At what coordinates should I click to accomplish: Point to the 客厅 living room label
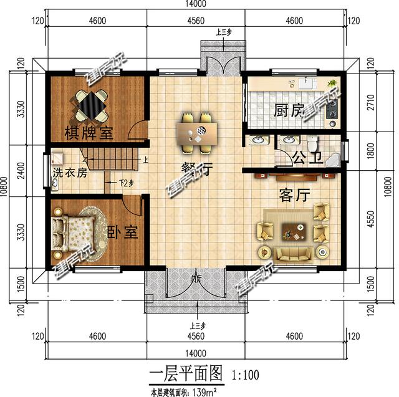pyautogui.click(x=294, y=195)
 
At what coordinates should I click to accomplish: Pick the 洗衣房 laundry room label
pyautogui.click(x=69, y=173)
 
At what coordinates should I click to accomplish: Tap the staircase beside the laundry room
pyautogui.click(x=112, y=158)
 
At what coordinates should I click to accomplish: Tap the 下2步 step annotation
pyautogui.click(x=127, y=184)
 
